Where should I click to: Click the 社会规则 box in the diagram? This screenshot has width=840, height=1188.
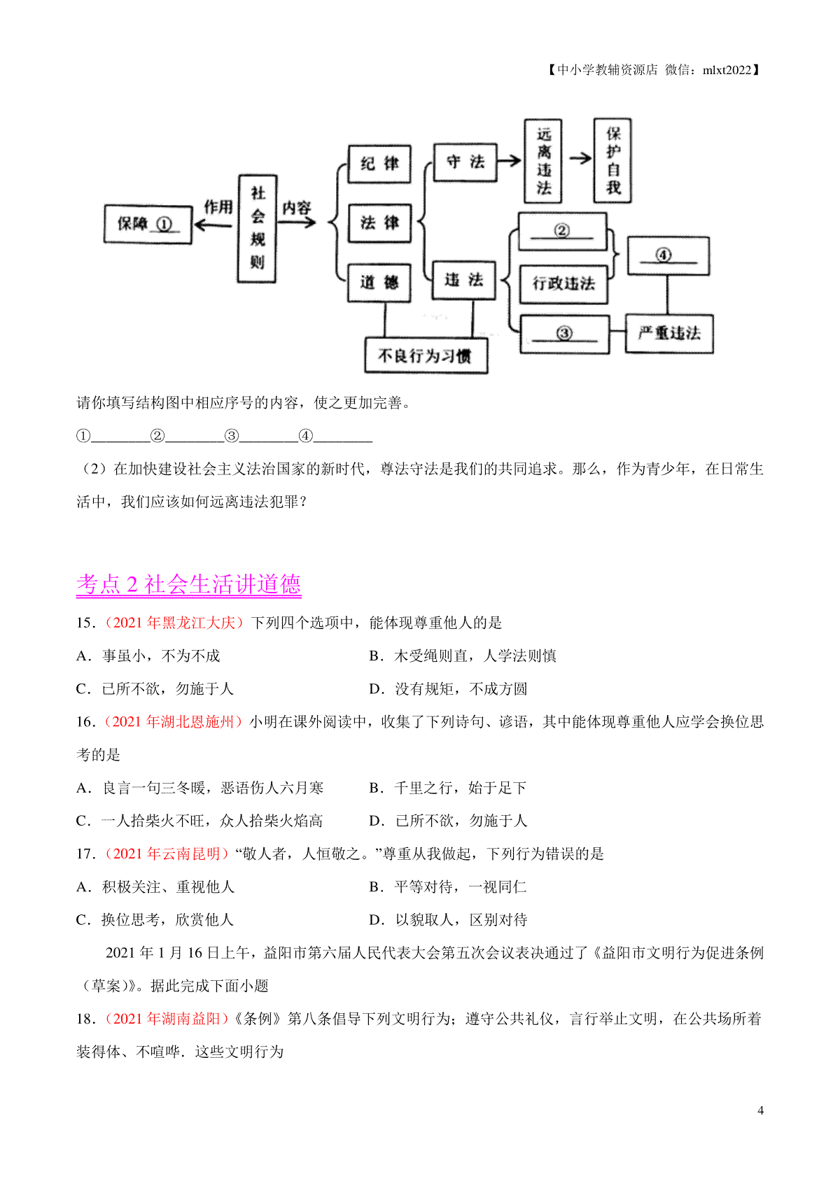[257, 229]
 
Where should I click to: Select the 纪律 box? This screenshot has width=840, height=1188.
[379, 164]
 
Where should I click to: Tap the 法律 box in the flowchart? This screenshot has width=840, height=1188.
[379, 223]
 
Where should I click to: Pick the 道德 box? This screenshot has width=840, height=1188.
[379, 283]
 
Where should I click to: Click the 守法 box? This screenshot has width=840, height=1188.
[465, 162]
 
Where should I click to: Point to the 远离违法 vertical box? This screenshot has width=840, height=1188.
[543, 161]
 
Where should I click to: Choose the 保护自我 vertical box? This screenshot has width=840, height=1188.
[612, 161]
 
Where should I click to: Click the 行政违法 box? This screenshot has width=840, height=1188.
[563, 283]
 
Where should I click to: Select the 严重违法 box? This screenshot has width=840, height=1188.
[668, 333]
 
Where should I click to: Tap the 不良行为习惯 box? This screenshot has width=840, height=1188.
[426, 355]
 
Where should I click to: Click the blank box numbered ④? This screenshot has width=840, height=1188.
[668, 255]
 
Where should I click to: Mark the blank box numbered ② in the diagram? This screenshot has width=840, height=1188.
[562, 231]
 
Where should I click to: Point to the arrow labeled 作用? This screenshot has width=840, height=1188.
[213, 225]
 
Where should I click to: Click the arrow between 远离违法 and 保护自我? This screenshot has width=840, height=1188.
[580, 159]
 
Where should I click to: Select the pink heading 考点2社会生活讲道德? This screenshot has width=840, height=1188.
[188, 584]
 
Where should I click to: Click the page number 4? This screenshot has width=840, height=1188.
[760, 1110]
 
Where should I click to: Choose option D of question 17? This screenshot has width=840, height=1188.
[448, 919]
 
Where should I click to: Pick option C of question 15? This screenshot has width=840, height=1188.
[155, 688]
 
